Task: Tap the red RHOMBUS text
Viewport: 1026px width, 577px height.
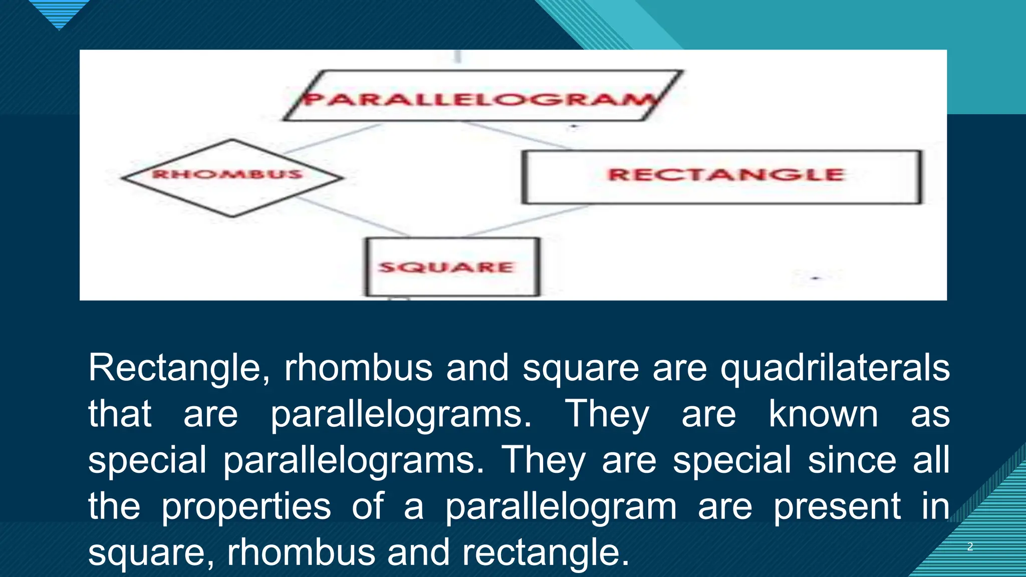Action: point(227,174)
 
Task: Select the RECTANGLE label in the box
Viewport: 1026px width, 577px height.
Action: point(726,175)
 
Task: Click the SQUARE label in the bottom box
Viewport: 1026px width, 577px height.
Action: point(446,267)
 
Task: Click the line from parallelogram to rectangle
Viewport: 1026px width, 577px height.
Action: point(516,135)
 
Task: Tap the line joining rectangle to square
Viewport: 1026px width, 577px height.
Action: point(526,220)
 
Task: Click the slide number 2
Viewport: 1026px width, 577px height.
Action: point(970,546)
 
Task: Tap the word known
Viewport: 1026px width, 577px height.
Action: point(823,414)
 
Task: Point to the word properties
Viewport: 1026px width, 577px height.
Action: point(246,506)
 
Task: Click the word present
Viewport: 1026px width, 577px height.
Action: point(837,506)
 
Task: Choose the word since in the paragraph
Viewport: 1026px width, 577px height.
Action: point(852,460)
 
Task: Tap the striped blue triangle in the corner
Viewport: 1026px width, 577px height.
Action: point(59,13)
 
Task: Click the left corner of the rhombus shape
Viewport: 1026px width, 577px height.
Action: point(123,177)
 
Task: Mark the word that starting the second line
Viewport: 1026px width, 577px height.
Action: point(120,414)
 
